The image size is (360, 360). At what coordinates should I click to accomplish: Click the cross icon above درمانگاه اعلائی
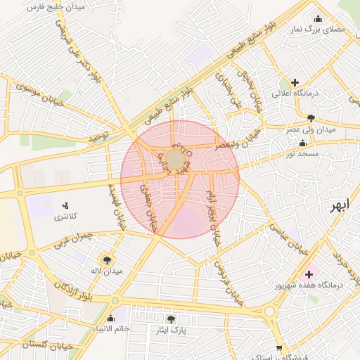coord(295,82)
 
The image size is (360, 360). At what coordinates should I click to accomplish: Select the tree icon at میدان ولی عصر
coord(311,118)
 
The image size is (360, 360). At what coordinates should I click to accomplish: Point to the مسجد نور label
coord(307,153)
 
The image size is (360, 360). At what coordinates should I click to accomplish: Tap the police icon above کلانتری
coord(66,205)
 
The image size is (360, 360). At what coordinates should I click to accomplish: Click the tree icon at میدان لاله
coord(107,259)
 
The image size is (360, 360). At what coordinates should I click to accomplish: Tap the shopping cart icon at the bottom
coord(279,348)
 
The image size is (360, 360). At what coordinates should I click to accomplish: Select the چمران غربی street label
coord(75,238)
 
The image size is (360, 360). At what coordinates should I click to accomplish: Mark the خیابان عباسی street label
coord(291,237)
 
